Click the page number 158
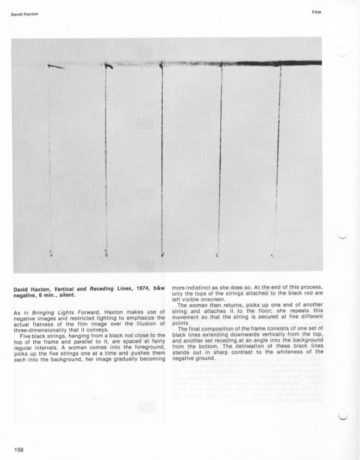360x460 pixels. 19,449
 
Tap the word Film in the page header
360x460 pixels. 316,12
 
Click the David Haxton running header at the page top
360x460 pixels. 25,14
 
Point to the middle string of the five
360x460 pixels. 162,160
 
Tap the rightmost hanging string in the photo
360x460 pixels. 278,160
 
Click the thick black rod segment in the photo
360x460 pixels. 283,63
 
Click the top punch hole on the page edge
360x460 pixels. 344,51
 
